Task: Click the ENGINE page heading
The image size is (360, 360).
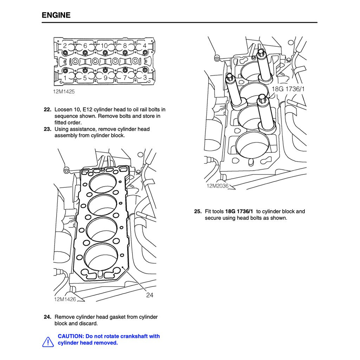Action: [x=56, y=15]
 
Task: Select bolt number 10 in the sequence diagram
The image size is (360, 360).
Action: [x=104, y=46]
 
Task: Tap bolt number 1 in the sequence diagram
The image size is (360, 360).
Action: [x=65, y=78]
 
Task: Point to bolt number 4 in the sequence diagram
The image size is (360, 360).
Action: [x=144, y=46]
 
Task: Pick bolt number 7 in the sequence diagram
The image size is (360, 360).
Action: [x=125, y=78]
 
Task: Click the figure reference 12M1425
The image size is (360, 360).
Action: [x=64, y=91]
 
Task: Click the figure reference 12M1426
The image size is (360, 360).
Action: [x=65, y=299]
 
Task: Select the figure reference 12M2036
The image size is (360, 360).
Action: [x=217, y=186]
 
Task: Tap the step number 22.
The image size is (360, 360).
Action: [x=47, y=110]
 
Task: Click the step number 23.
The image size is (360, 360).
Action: [x=47, y=129]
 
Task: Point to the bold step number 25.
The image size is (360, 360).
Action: [x=198, y=211]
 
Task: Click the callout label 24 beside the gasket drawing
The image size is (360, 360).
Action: [x=150, y=295]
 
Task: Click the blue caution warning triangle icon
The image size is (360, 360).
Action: [x=48, y=342]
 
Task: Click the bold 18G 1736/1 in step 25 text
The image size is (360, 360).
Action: [x=239, y=211]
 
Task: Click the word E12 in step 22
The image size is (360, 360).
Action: [x=88, y=110]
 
